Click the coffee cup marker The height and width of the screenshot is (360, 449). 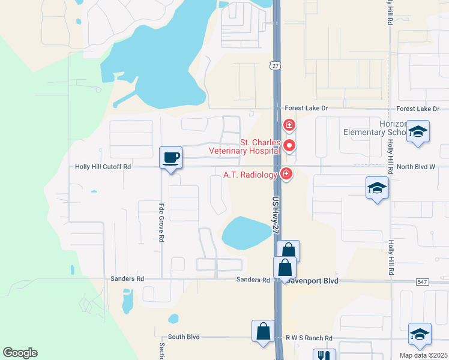click(x=170, y=158)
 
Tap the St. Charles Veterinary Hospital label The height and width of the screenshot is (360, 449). click(x=244, y=146)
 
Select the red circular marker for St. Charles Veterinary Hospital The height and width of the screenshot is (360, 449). click(x=289, y=145)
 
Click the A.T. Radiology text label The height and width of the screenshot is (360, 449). click(x=250, y=175)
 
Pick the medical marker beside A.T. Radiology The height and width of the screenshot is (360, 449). click(x=286, y=174)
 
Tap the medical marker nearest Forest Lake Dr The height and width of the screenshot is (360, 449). click(x=289, y=125)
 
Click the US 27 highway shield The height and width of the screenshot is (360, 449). click(x=275, y=65)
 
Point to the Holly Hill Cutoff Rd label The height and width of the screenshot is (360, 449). click(x=103, y=167)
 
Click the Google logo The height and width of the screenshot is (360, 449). click(x=20, y=353)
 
